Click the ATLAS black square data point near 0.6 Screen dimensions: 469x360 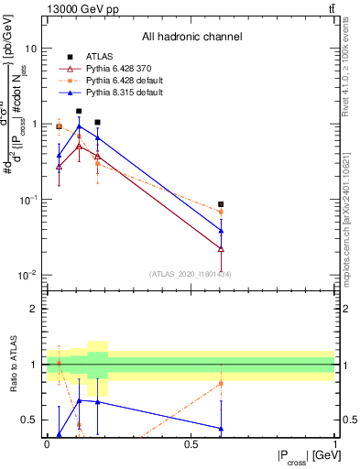(x=221, y=204)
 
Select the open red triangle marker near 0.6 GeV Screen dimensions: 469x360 (x=221, y=248)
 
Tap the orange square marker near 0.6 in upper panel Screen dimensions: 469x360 (x=221, y=213)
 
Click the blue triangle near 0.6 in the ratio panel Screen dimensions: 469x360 (x=221, y=428)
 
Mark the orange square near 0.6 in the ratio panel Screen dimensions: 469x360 (x=221, y=383)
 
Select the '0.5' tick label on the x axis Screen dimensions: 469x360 (x=191, y=444)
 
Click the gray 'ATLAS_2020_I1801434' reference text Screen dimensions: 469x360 (x=191, y=274)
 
